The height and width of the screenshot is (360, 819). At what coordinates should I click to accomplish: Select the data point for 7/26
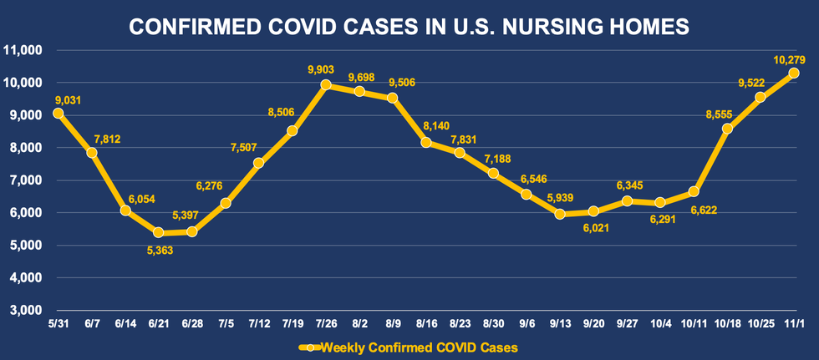pos(326,85)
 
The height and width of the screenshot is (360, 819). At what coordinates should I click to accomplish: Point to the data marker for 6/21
pos(158,232)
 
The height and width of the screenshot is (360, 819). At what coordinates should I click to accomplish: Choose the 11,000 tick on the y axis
pos(26,50)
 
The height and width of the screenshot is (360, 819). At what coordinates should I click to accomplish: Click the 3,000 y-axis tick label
pos(28,310)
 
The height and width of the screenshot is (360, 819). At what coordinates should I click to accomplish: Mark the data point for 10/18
pos(727,129)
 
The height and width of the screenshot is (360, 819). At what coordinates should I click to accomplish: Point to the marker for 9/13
pos(559,214)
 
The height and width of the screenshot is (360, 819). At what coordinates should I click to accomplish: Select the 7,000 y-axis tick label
pos(28,180)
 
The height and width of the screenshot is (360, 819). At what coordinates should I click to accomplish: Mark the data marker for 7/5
pos(226,203)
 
